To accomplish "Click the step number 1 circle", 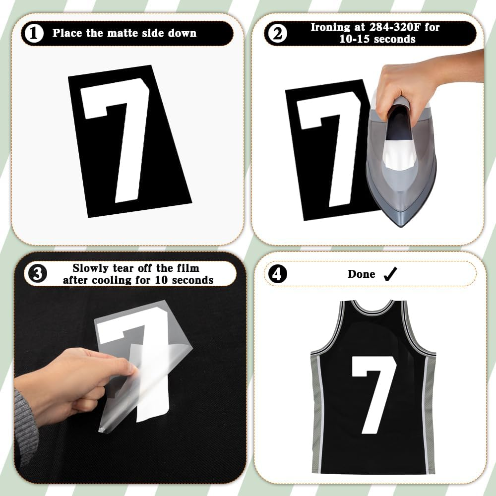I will point(33,34).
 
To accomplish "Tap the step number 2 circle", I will point(277,34).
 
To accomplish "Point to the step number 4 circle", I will point(277,274).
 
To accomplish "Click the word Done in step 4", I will point(361,274).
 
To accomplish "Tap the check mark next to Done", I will point(390,274).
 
